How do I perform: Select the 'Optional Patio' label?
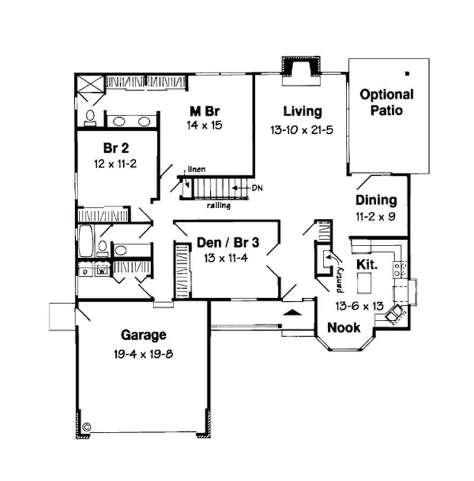click(x=387, y=102)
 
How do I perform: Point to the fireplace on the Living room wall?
click(x=302, y=69)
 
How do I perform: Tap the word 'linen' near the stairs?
click(x=197, y=170)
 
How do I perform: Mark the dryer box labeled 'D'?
click(x=85, y=272)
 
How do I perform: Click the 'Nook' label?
click(x=344, y=327)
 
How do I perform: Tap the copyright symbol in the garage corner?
click(x=87, y=425)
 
